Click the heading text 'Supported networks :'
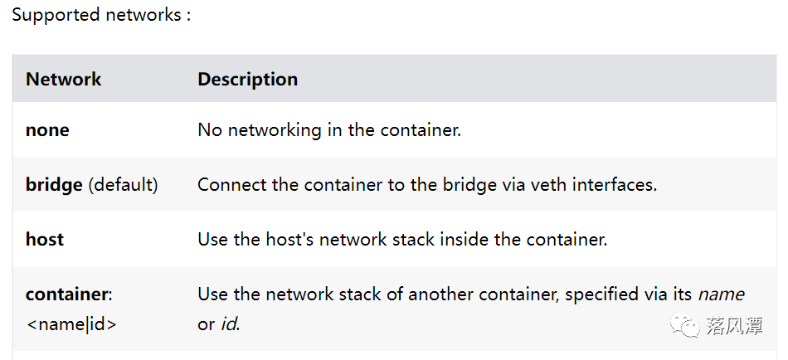pyautogui.click(x=101, y=16)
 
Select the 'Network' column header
pyautogui.click(x=63, y=80)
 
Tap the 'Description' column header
pyautogui.click(x=247, y=80)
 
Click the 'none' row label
pyautogui.click(x=47, y=130)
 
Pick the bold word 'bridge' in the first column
pyautogui.click(x=54, y=184)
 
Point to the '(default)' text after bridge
pyautogui.click(x=123, y=184)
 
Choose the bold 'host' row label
pyautogui.click(x=45, y=240)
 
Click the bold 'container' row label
pyautogui.click(x=68, y=294)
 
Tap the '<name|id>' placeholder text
pyautogui.click(x=71, y=324)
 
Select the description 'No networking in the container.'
pyautogui.click(x=328, y=130)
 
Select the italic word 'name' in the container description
pyautogui.click(x=721, y=294)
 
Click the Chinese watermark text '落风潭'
pyautogui.click(x=734, y=326)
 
